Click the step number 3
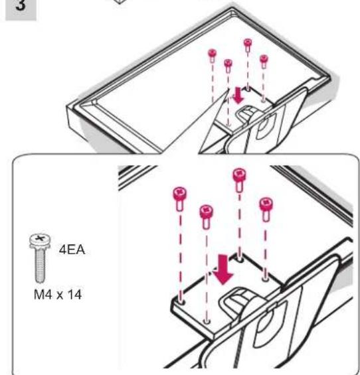click(21, 5)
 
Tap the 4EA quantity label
click(72, 250)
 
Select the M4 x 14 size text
click(58, 295)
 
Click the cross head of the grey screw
click(41, 239)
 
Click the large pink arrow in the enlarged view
click(223, 269)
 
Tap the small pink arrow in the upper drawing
click(238, 96)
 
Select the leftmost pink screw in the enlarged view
click(179, 198)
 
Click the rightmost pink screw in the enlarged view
click(266, 210)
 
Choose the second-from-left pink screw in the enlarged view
click(207, 216)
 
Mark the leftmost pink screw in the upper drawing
click(213, 56)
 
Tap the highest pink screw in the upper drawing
click(248, 45)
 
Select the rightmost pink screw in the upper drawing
click(264, 62)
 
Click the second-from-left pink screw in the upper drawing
click(228, 66)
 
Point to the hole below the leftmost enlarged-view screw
click(181, 301)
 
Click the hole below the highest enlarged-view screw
click(240, 258)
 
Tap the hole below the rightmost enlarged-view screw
click(265, 279)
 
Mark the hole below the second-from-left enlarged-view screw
click(207, 321)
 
